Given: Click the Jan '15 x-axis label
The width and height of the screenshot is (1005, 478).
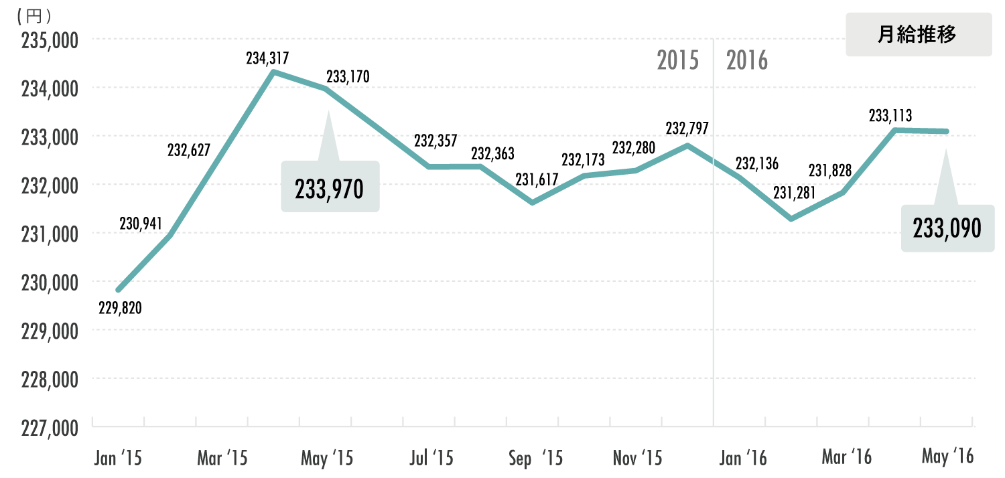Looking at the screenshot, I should [x=118, y=459].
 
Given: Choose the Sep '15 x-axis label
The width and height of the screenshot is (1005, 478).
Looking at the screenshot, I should [x=535, y=459].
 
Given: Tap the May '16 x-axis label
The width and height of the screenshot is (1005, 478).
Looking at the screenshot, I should [x=947, y=457].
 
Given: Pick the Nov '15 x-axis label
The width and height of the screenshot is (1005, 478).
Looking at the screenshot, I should [x=637, y=459].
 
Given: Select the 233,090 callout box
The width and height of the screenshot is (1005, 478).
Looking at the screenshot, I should [x=947, y=228].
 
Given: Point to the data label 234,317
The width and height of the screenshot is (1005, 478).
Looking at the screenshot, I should [x=267, y=59].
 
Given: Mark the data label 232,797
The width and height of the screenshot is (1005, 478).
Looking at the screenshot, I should [x=687, y=128].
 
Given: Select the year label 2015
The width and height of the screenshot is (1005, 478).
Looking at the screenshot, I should [x=677, y=61].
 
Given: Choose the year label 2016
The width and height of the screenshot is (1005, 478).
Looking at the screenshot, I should [x=747, y=61].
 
